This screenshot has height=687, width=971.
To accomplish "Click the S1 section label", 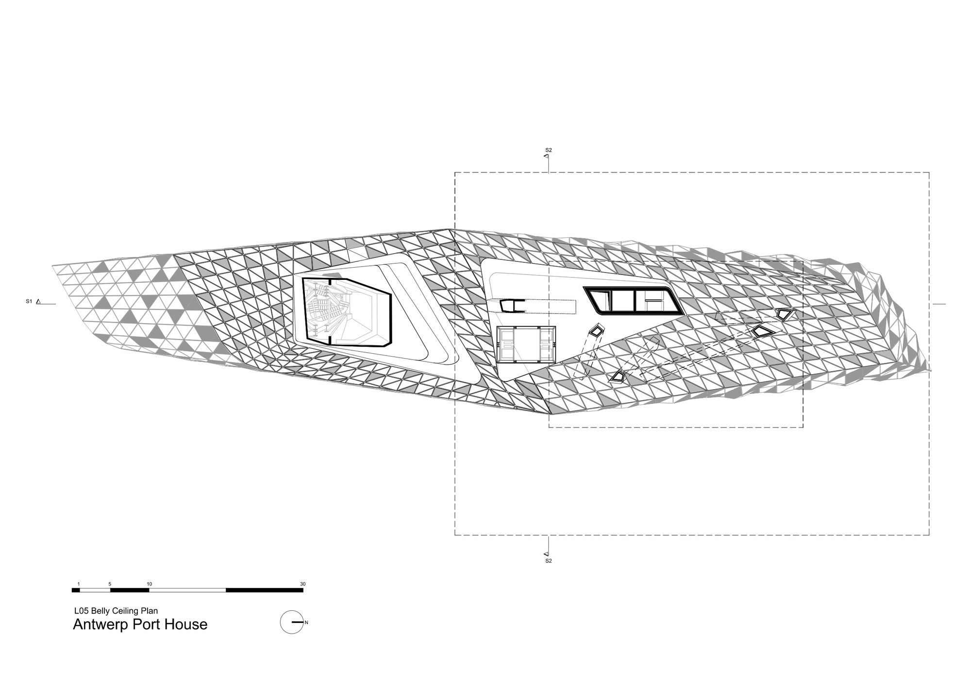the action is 29,302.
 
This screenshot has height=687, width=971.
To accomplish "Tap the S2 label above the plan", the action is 549,150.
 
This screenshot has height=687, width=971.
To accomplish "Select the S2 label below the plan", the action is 549,561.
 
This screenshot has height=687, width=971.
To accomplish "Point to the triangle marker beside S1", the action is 38,302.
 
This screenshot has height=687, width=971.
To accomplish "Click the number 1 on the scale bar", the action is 78,584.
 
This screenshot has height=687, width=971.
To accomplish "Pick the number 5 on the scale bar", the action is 110,584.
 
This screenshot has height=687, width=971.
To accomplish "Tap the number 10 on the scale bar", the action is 149,584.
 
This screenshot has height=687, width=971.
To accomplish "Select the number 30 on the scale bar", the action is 303,584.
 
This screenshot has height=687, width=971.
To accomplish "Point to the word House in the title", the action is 186,624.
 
